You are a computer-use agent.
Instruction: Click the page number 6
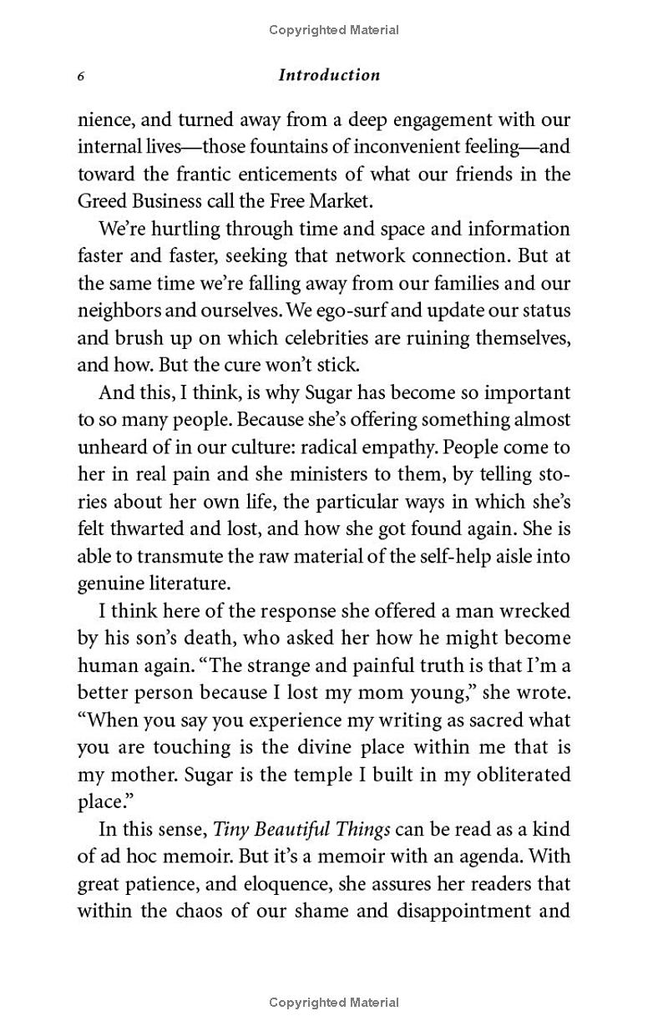81,76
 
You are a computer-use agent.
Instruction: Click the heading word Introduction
329,75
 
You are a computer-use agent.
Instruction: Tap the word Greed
102,202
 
